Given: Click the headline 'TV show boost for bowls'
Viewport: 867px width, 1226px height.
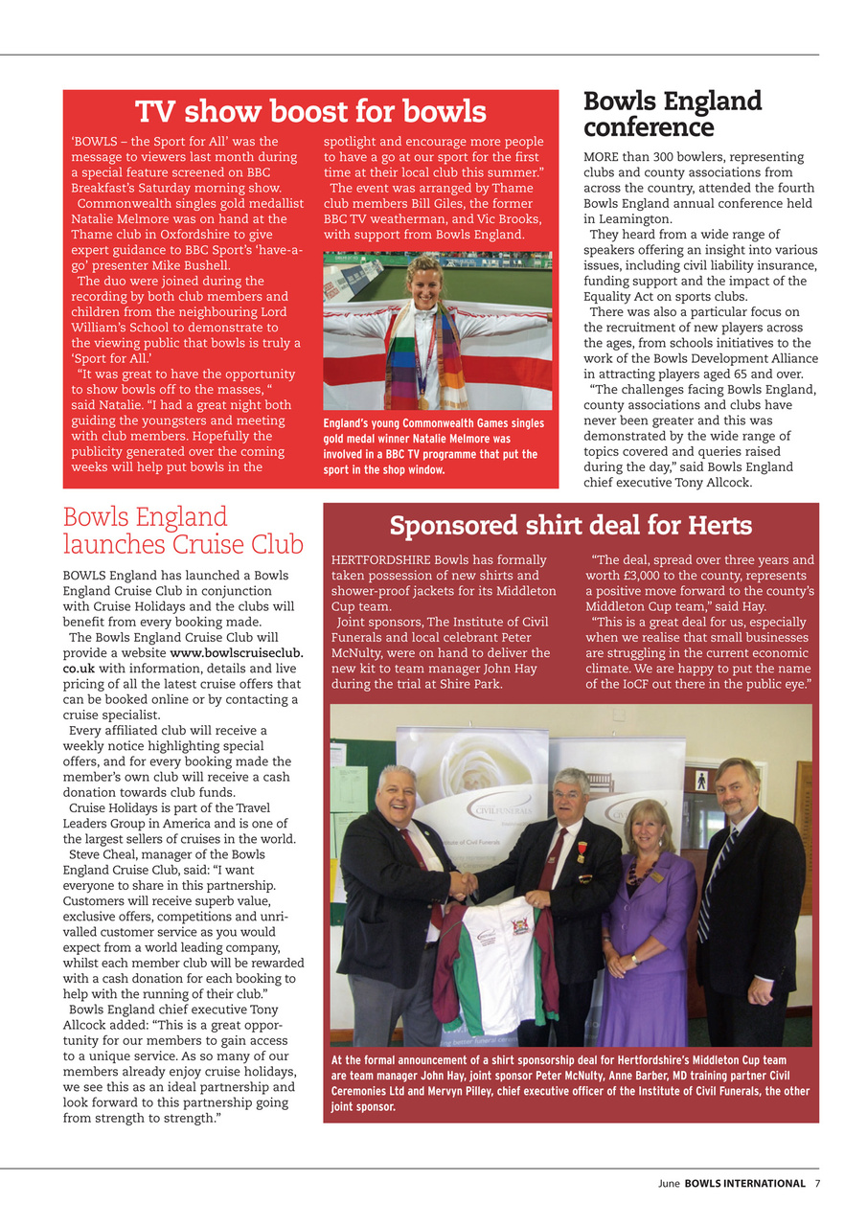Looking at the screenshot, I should pyautogui.click(x=310, y=112).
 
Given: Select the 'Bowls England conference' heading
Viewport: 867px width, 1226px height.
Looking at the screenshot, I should pyautogui.click(x=673, y=114).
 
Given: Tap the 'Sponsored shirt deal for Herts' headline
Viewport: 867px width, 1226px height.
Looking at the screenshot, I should pyautogui.click(x=570, y=526).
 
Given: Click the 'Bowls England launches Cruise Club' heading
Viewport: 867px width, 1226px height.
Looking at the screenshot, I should pyautogui.click(x=182, y=531).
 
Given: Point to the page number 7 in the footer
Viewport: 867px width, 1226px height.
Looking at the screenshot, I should pyautogui.click(x=817, y=1183).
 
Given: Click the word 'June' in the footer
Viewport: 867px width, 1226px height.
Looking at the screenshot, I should pyautogui.click(x=669, y=1183).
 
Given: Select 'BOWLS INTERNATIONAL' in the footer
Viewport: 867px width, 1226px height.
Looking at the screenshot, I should pyautogui.click(x=744, y=1183).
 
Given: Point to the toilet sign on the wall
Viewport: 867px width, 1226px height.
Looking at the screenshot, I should pyautogui.click(x=701, y=779).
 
